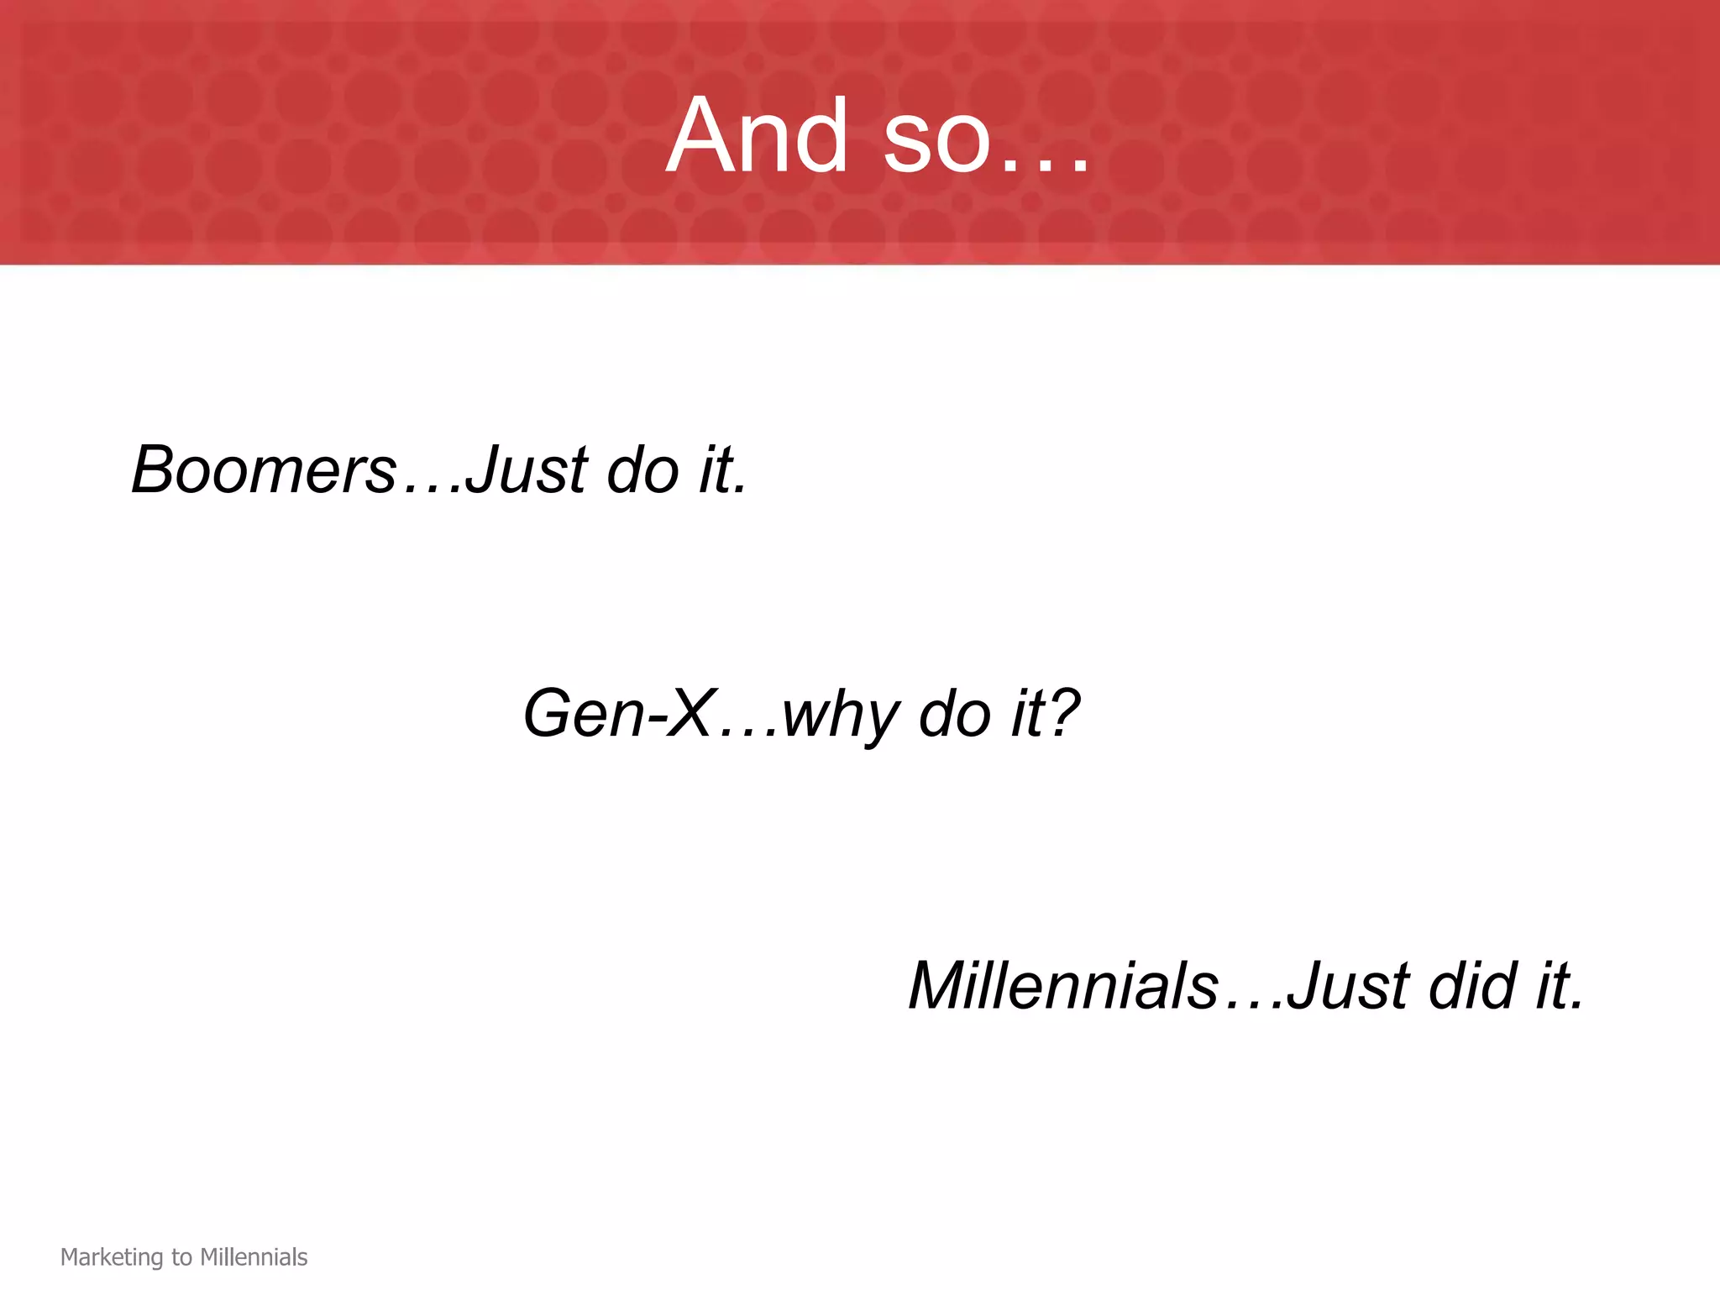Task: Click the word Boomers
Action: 264,469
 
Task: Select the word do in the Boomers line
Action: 642,469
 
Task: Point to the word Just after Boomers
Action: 527,469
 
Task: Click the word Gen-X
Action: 619,713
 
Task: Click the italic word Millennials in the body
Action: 1063,985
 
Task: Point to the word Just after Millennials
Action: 1348,985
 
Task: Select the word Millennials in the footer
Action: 254,1257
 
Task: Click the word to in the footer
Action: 181,1257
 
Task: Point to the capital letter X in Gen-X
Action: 691,713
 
